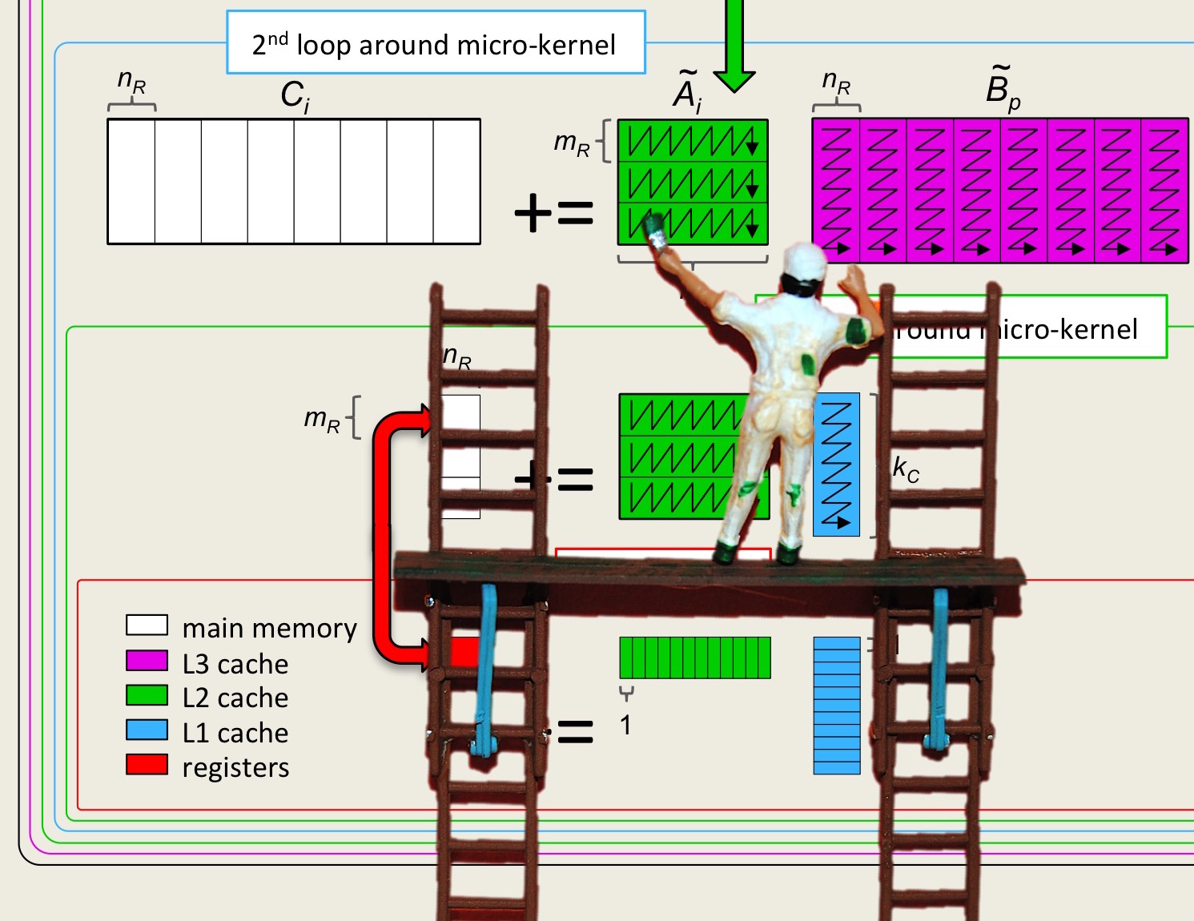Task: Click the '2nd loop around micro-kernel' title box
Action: pos(436,43)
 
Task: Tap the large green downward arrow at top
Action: pos(734,48)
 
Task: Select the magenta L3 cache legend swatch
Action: pos(147,661)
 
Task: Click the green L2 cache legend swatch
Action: pos(147,695)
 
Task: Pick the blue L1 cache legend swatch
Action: pos(147,730)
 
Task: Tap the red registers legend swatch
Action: pos(147,765)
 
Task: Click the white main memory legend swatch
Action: pos(147,625)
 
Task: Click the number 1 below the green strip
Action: pos(625,726)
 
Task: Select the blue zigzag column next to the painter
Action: pos(836,465)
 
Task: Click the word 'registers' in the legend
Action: pos(235,767)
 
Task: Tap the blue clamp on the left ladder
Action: pos(485,673)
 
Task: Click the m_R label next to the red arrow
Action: pos(323,419)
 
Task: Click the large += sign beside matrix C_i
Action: pos(554,214)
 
